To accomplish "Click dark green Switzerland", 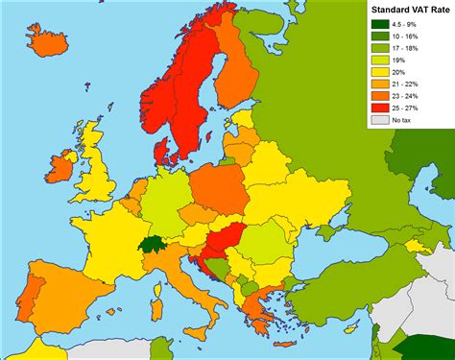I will [x=152, y=244].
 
